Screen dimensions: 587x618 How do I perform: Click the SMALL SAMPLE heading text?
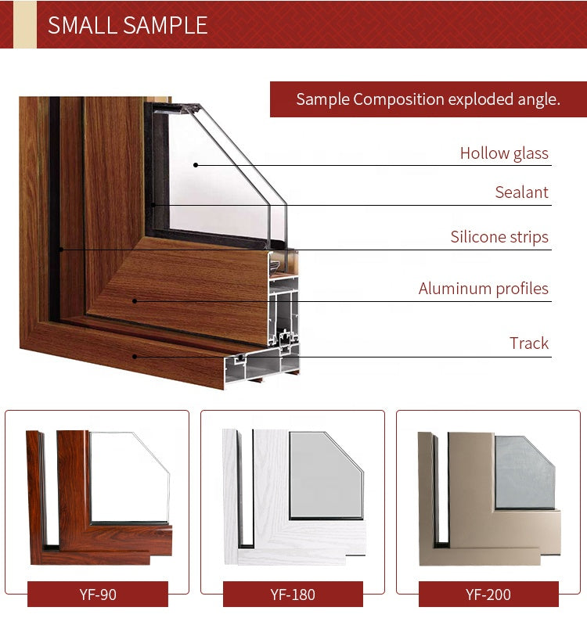128,25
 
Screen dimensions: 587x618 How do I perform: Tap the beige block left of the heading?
25,24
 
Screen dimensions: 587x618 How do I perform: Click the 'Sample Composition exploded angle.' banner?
428,99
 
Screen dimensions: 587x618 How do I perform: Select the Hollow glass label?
504,153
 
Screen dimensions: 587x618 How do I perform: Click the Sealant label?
521,192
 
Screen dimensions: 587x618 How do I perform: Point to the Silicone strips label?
499,237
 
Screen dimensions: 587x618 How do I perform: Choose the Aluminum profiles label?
484,289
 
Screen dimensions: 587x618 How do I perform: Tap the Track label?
528,343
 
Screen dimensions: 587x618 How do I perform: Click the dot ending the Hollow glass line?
196,165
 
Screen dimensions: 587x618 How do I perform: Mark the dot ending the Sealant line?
153,205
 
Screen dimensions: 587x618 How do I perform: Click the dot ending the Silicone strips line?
61,250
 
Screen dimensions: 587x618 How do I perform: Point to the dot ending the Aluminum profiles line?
135,301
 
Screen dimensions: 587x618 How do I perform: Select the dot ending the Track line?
135,357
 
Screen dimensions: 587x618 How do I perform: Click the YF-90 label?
98,595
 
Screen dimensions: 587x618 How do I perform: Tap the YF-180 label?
293,595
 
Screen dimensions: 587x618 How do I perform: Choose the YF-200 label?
488,595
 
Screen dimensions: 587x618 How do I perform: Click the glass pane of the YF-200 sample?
524,472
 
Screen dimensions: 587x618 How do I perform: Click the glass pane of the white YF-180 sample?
326,475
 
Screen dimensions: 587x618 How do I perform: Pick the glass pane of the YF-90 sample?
130,477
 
